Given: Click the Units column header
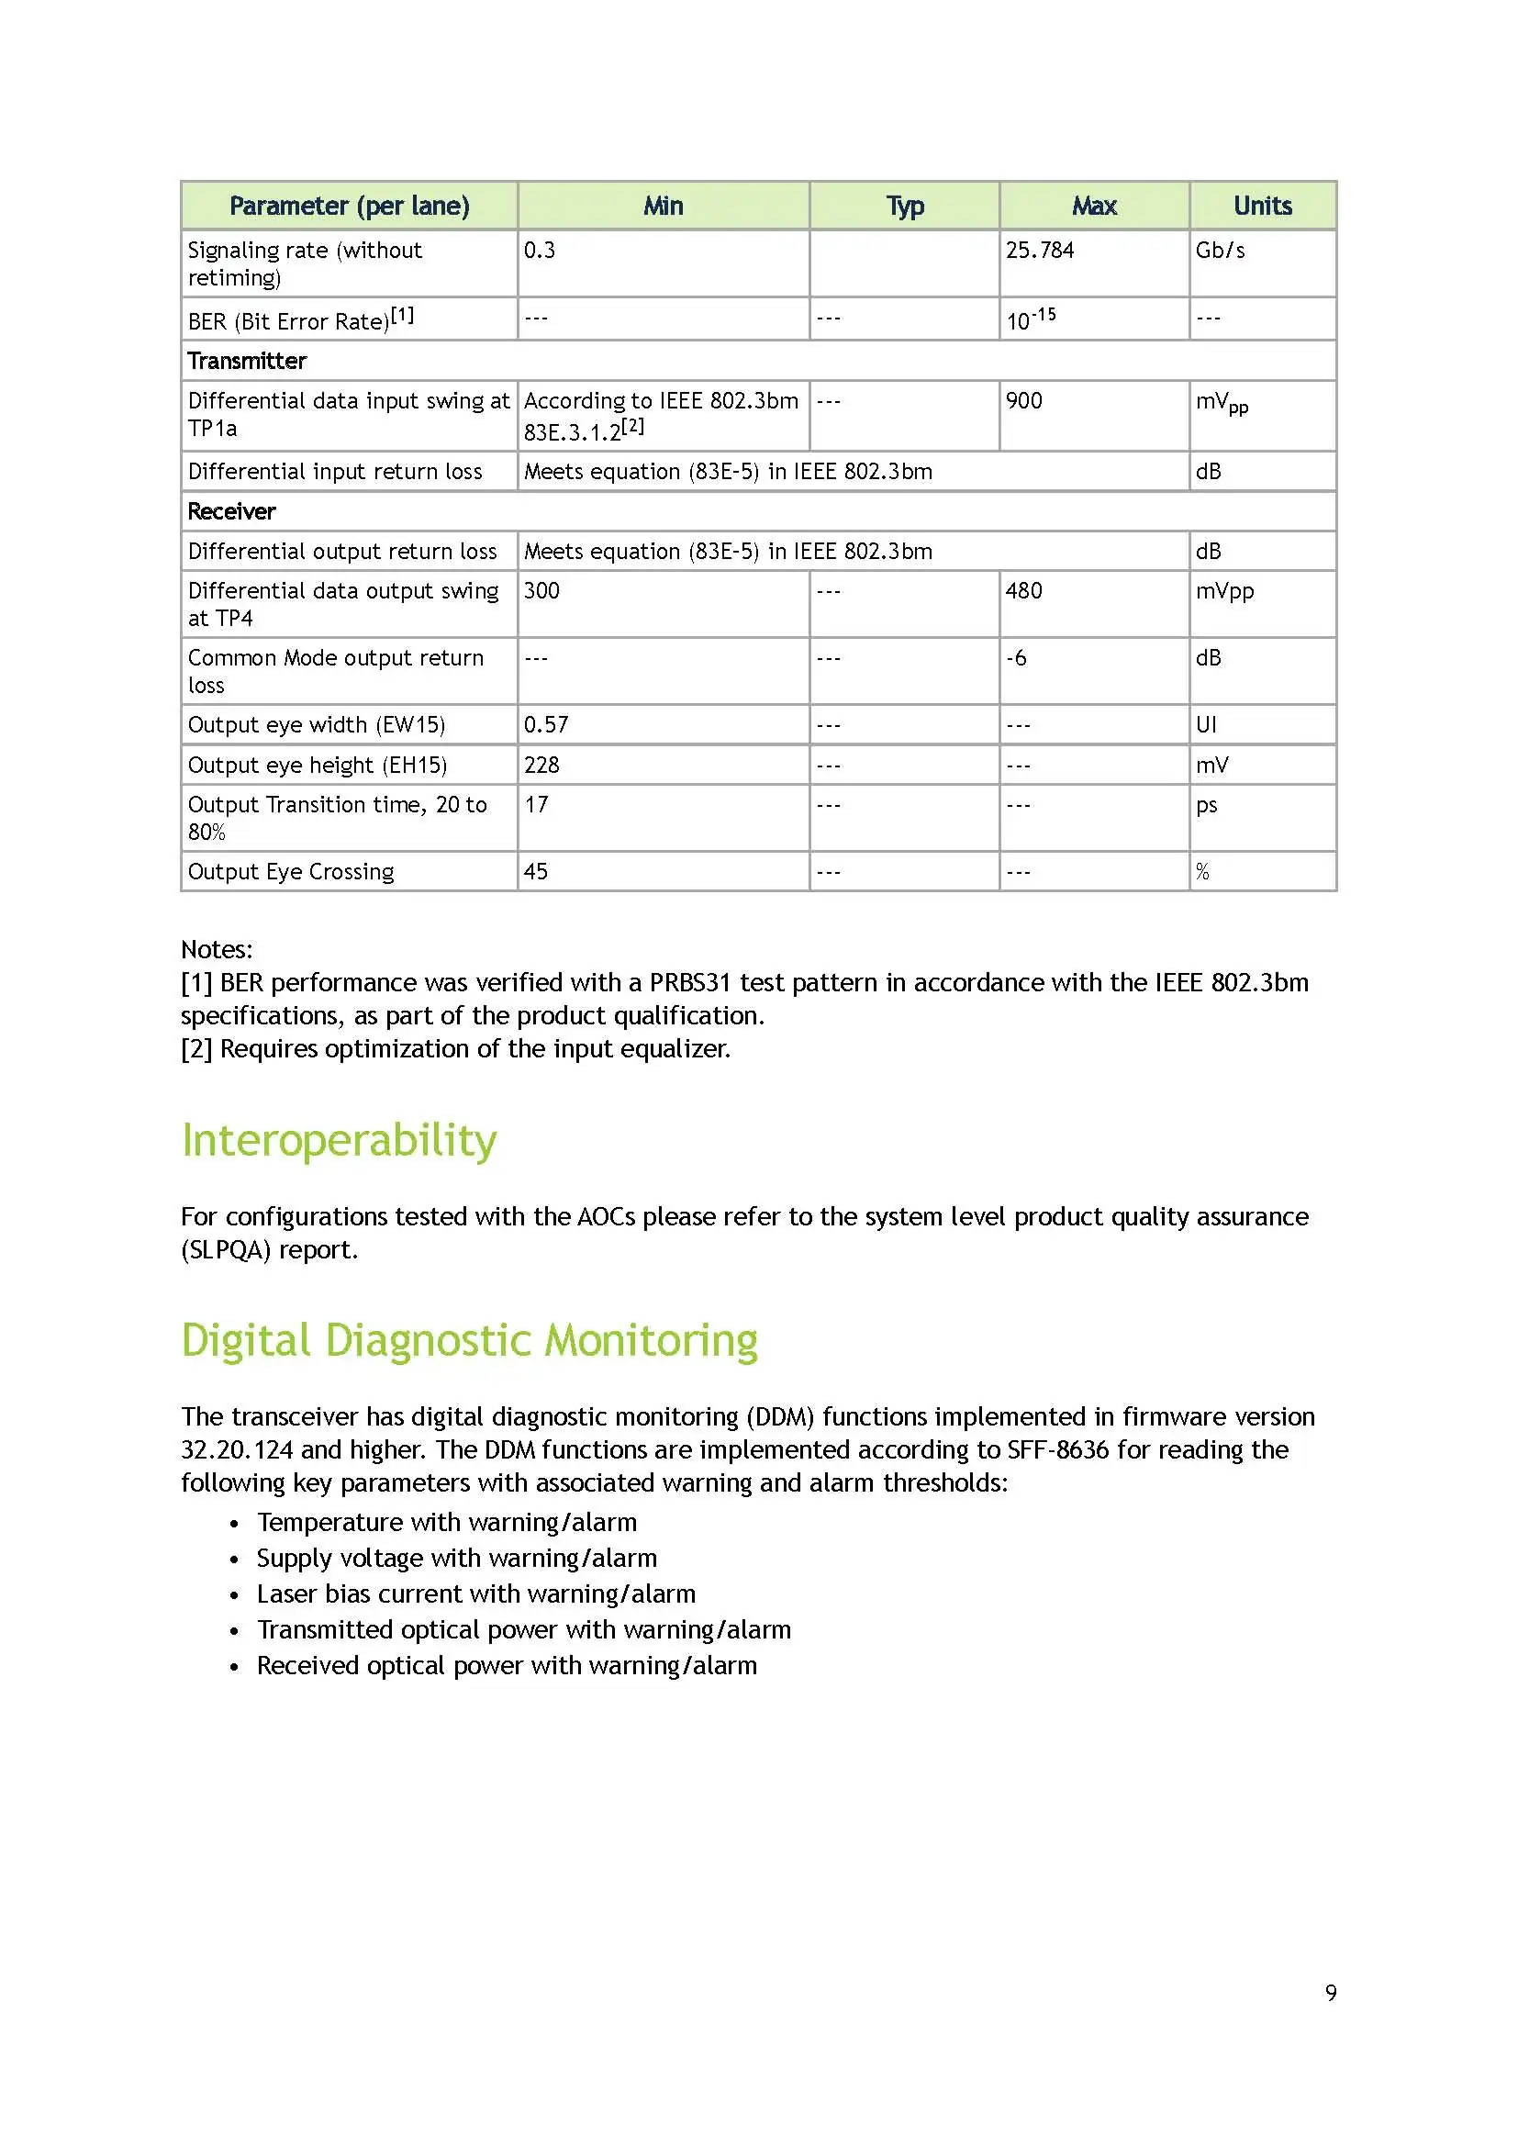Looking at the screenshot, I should [x=1262, y=206].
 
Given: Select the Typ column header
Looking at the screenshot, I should [x=904, y=206].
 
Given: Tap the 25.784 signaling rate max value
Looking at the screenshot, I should [x=1040, y=251].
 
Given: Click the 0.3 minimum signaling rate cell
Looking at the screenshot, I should [x=540, y=251].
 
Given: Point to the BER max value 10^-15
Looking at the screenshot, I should [x=1030, y=319].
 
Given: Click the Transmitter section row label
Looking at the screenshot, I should [x=247, y=361].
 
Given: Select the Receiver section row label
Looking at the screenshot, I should [x=232, y=511].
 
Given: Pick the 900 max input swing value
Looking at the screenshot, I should [x=1023, y=401].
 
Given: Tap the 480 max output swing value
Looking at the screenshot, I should [x=1023, y=591].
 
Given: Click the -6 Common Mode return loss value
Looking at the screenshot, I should [x=1016, y=658].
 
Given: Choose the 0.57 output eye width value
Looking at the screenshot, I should [x=546, y=725].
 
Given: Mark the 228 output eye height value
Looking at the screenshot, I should [x=541, y=766].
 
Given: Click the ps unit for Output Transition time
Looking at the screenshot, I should [x=1206, y=805].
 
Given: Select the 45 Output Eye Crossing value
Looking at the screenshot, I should [x=536, y=871].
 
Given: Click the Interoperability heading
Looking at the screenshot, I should [x=339, y=1141].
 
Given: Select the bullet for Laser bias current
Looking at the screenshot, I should [x=234, y=1595].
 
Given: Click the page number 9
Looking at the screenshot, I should [x=1330, y=1993].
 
